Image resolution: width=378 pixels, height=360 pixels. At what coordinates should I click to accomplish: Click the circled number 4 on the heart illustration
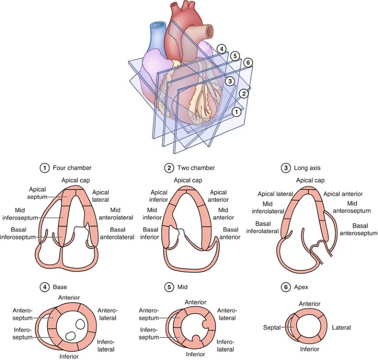(221, 49)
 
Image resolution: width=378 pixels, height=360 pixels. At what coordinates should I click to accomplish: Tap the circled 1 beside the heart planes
(236, 112)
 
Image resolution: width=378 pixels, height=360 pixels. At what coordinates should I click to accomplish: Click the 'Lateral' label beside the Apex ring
(341, 327)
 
